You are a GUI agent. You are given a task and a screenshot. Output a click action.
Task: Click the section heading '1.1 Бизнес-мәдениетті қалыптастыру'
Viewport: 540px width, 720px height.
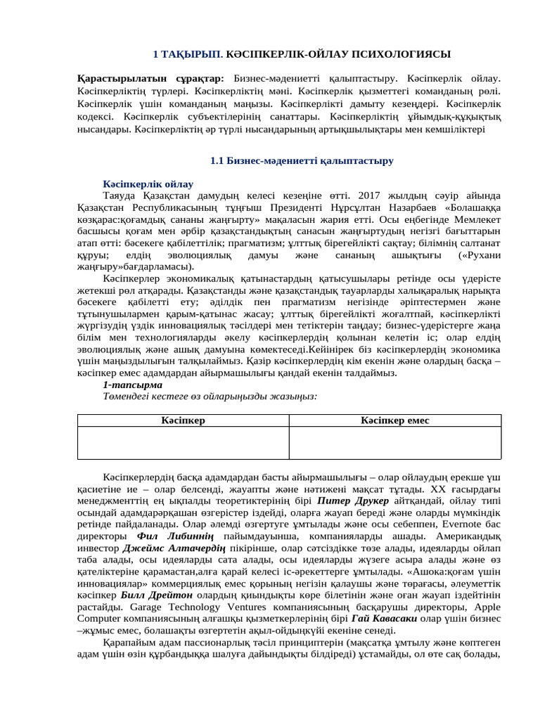pyautogui.click(x=302, y=161)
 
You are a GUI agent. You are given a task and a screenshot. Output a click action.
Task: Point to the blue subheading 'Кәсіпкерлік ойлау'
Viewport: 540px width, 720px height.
pyautogui.click(x=148, y=184)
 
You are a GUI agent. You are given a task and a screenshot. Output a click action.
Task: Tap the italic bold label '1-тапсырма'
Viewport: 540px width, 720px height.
pyautogui.click(x=132, y=385)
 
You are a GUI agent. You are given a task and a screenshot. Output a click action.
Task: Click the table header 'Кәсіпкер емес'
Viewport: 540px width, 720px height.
pyautogui.click(x=394, y=420)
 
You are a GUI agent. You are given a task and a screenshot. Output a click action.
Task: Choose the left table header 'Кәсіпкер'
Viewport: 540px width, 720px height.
pyautogui.click(x=183, y=420)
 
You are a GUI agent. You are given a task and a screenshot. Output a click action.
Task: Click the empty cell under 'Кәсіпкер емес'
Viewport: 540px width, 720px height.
pyautogui.click(x=394, y=443)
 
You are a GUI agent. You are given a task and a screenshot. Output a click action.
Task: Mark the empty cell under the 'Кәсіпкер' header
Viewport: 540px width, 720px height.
pyautogui.click(x=183, y=443)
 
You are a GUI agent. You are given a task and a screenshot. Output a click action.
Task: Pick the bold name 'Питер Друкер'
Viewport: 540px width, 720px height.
pyautogui.click(x=349, y=501)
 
